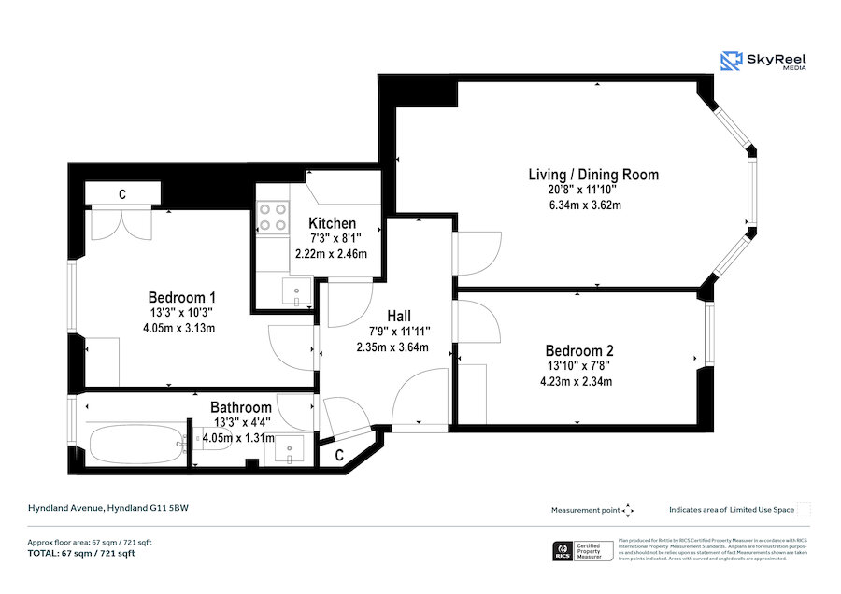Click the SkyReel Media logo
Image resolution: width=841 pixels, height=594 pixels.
[763, 62]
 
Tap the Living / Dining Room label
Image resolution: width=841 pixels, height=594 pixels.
[593, 175]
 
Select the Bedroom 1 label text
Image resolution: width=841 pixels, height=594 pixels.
[178, 297]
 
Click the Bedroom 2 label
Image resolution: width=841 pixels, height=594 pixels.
[579, 350]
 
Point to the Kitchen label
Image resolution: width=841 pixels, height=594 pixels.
[332, 223]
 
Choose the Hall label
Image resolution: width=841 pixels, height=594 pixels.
[392, 317]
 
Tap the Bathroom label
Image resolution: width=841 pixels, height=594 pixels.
[241, 407]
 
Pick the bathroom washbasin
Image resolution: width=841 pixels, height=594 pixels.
[289, 450]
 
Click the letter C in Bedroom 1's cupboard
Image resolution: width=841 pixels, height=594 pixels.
[121, 194]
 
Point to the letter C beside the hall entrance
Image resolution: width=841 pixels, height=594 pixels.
[338, 455]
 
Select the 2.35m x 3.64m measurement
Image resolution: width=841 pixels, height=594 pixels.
[392, 347]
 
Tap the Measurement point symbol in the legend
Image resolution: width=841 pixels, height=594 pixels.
[628, 510]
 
